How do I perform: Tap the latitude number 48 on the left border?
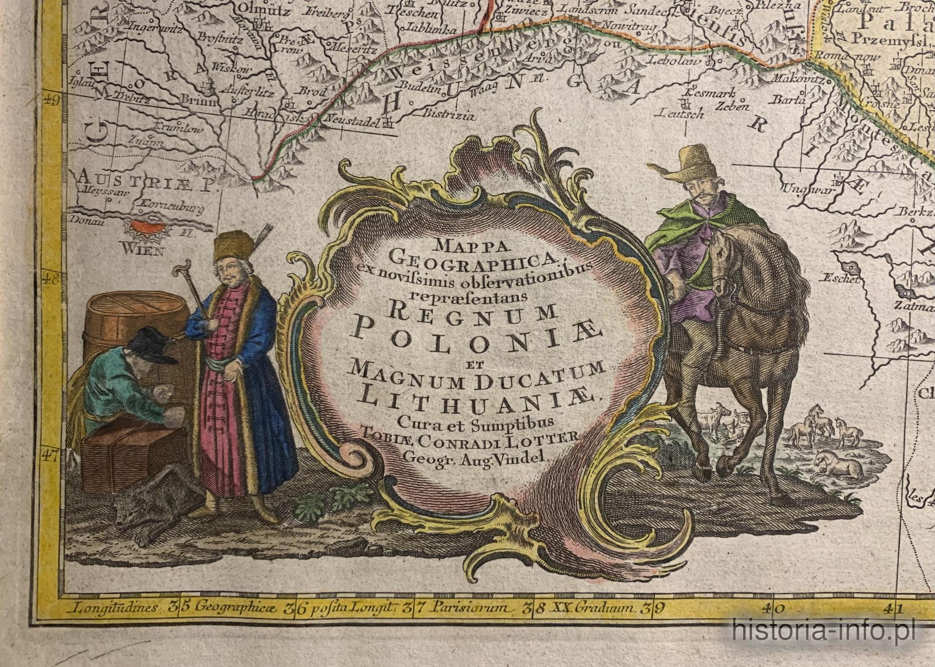click(x=51, y=281)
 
